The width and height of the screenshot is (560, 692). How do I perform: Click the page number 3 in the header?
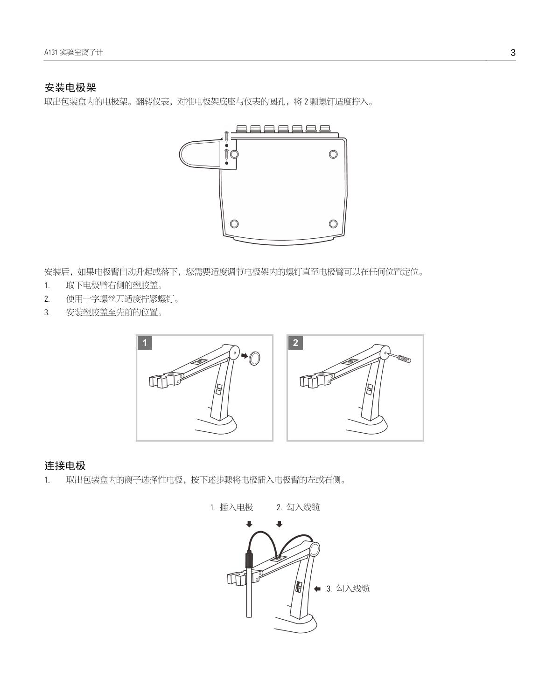tap(513, 53)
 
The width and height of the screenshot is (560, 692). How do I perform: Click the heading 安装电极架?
tap(70, 87)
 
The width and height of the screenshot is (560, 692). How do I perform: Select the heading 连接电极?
tap(65, 465)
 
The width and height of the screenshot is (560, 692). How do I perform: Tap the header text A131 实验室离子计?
tap(74, 52)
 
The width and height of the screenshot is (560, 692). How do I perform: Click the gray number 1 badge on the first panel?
tap(145, 343)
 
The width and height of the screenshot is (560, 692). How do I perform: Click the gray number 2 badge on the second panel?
tap(295, 343)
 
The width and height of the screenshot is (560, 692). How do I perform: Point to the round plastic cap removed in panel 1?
tap(254, 358)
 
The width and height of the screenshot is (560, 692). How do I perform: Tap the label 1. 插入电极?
tap(231, 507)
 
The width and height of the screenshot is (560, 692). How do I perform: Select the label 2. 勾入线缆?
tap(298, 507)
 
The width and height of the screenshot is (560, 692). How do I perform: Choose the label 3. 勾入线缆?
tap(348, 588)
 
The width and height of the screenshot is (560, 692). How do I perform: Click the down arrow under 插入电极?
tap(249, 524)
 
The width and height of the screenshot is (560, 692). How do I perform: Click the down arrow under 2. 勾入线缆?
tap(279, 524)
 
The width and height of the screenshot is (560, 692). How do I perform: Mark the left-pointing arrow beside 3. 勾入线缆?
tap(317, 588)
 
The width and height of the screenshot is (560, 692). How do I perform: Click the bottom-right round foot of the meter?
tap(333, 223)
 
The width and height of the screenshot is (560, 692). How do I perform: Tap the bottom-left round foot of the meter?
tap(234, 223)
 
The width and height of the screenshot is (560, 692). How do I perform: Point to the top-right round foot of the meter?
tap(333, 154)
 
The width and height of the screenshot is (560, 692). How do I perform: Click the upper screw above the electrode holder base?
tap(226, 136)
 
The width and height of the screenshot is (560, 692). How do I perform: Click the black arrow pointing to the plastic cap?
tap(245, 356)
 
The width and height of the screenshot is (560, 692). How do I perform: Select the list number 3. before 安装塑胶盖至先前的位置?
tap(47, 312)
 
